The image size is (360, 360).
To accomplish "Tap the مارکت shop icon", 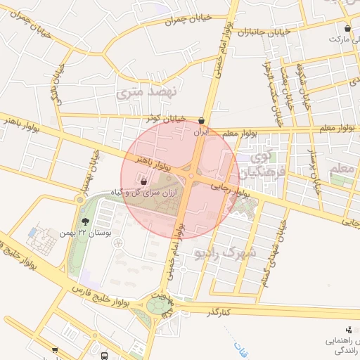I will click(x=348, y=29).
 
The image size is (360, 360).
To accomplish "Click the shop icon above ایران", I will click(x=202, y=120).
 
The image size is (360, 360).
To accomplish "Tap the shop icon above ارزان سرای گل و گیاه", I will click(x=144, y=181).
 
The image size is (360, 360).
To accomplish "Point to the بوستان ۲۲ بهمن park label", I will click(x=76, y=232).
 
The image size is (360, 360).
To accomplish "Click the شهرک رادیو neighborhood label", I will click(x=227, y=251).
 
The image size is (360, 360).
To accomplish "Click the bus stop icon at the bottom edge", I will click(x=105, y=356).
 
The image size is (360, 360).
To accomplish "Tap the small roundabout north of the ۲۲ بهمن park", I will click(x=79, y=200).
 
